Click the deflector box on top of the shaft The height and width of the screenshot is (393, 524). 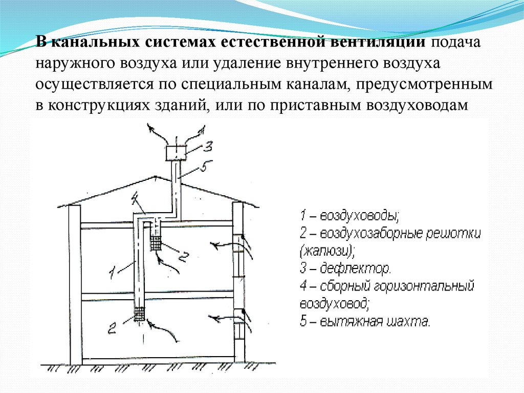pyautogui.click(x=176, y=152)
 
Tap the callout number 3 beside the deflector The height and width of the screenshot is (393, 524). pyautogui.click(x=207, y=147)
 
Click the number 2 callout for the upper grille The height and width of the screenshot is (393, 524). pyautogui.click(x=185, y=256)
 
